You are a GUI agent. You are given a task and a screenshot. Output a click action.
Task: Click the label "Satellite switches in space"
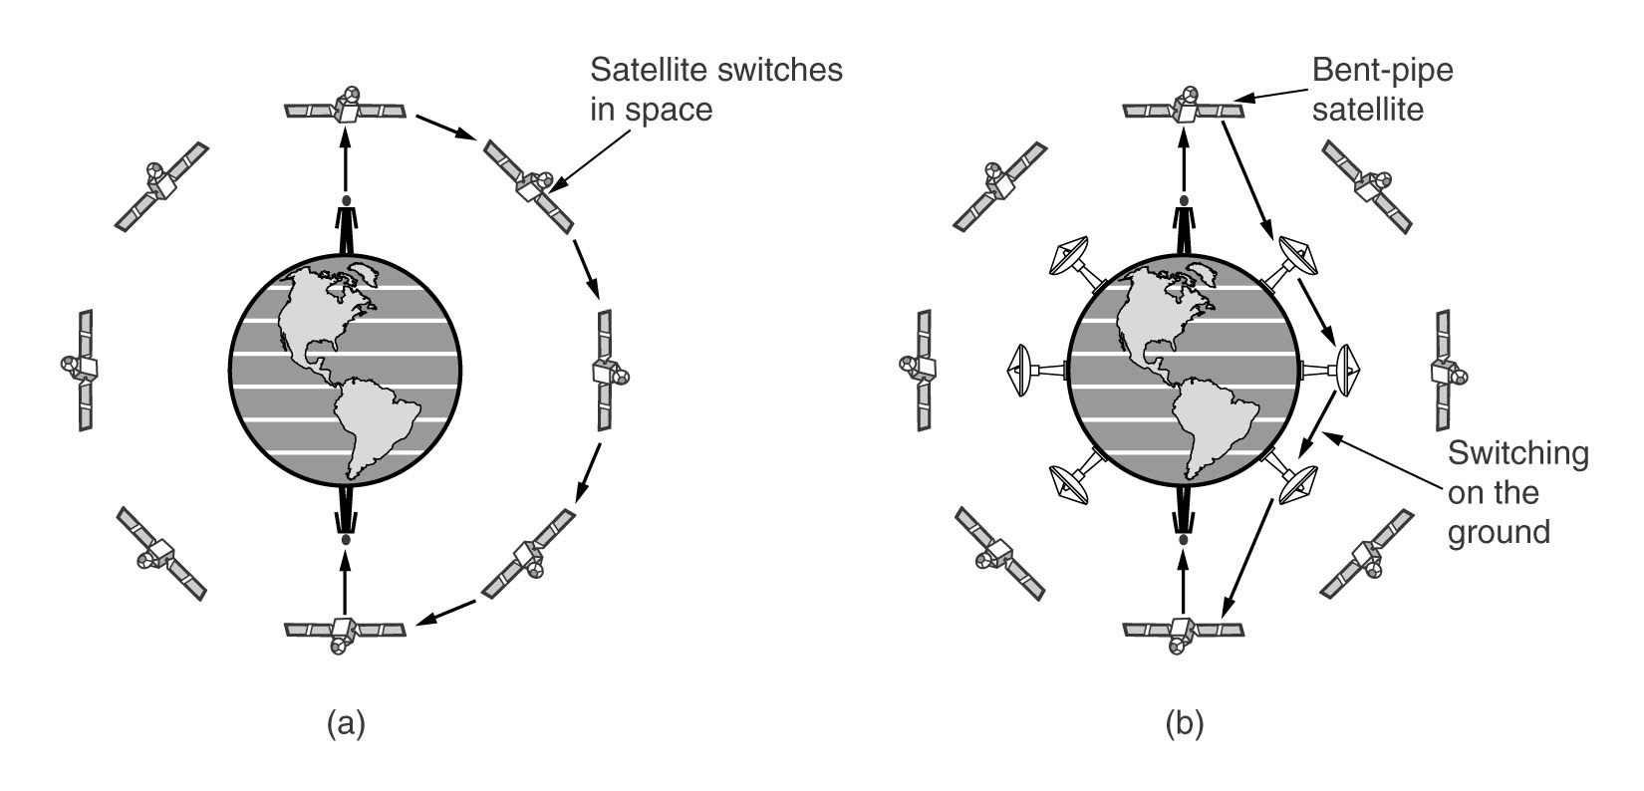715,89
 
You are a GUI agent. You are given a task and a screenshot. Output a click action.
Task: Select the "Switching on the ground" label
1517,493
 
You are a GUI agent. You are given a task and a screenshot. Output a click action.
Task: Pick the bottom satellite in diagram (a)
345,632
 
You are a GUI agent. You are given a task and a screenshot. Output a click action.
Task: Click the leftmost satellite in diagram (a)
80,369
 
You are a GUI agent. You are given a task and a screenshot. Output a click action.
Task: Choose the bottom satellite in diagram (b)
1183,632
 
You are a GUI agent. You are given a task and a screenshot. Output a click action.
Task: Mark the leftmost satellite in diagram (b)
918,369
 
